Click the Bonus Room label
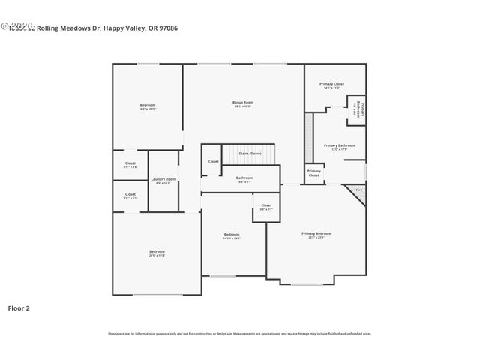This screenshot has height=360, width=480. coord(242,103)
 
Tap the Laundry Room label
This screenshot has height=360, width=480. coord(163,179)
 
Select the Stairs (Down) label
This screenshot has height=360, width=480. coord(250,154)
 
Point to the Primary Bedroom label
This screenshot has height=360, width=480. coord(316,234)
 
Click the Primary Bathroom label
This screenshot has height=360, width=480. coord(340,145)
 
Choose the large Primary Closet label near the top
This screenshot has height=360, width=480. coord(331,84)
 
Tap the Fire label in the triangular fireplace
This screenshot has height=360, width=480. coord(358,190)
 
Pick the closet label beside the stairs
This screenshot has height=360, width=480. coord(214,161)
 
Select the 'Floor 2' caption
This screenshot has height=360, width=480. coord(19,307)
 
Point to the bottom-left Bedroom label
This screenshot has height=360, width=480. coord(157,252)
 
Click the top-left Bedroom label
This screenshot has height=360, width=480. coord(148,105)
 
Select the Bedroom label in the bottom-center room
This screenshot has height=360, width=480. coord(232,235)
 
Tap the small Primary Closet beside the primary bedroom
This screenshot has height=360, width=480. coord(314,173)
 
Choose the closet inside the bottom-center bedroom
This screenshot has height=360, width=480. coord(266,205)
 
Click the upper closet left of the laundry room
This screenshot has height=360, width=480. coord(130,163)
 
